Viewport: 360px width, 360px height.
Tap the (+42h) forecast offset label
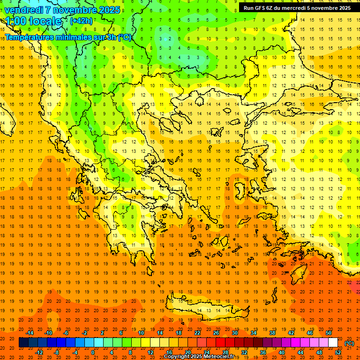[81, 21]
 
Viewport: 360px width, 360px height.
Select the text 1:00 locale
[34, 21]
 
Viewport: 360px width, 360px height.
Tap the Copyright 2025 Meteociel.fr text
[199, 357]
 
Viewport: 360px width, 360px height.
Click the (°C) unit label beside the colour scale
[349, 343]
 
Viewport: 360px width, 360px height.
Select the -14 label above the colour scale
[30, 333]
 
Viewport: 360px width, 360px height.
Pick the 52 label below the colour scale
[338, 352]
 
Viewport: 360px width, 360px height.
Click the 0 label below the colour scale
[93, 352]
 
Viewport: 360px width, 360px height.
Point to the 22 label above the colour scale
[197, 333]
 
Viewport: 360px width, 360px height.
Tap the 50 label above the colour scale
[329, 333]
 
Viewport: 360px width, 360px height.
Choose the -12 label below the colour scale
[39, 352]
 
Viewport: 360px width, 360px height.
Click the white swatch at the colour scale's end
[333, 343]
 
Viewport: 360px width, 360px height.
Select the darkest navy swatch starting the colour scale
[23, 343]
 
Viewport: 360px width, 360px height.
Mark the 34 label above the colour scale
[254, 333]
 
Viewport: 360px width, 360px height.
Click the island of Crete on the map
[206, 309]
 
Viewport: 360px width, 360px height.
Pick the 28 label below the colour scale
[225, 352]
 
